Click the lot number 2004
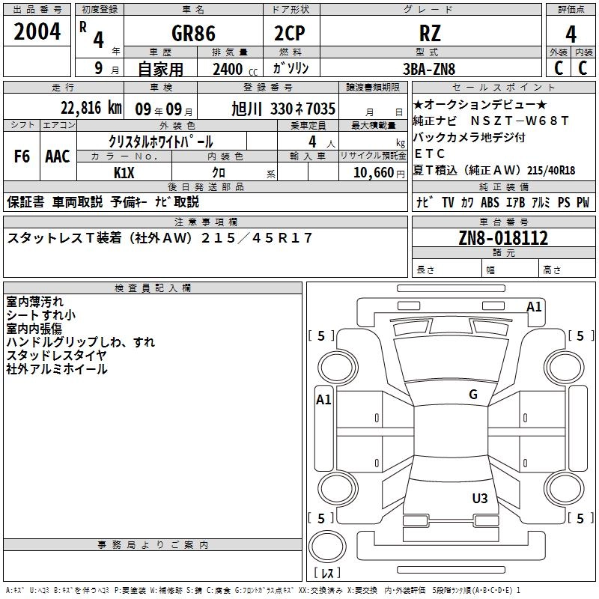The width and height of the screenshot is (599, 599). (37, 32)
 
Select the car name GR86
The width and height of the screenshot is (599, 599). (193, 34)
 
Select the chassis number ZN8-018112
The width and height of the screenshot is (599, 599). (503, 238)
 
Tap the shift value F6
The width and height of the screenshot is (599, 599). (22, 156)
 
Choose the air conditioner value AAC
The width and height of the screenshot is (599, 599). (58, 156)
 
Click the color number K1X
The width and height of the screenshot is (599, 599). (124, 172)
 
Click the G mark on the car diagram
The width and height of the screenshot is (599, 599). (472, 395)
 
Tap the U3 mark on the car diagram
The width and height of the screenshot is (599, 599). (480, 498)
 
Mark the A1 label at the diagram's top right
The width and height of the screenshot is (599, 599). (534, 306)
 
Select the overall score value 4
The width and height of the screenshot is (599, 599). (571, 34)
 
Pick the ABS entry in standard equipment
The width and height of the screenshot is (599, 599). (490, 202)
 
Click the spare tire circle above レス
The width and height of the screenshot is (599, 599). (327, 546)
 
